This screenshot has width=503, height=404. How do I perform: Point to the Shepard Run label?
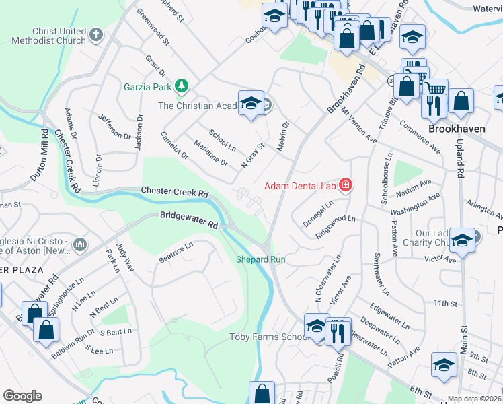pos(261,259)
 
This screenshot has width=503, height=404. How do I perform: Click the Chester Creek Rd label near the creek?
pos(175,193)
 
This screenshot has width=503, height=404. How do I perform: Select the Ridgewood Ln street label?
pos(336,227)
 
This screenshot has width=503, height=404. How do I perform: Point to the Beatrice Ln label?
pos(176,255)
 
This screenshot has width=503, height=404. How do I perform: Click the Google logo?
pos(22,395)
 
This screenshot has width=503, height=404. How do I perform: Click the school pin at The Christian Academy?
pos(251,104)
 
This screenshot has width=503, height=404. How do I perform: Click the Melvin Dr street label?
pos(284,137)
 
